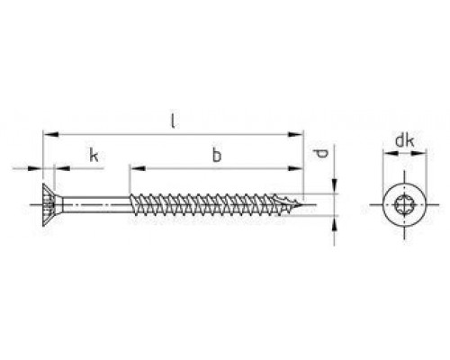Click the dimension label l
[x=173, y=121]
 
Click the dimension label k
[x=94, y=155]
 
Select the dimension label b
[x=216, y=155]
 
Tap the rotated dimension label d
[x=321, y=154]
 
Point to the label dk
[x=405, y=140]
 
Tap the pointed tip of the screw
[x=301, y=205]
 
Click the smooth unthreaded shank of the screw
[x=96, y=205]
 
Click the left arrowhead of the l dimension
[x=50, y=134]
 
